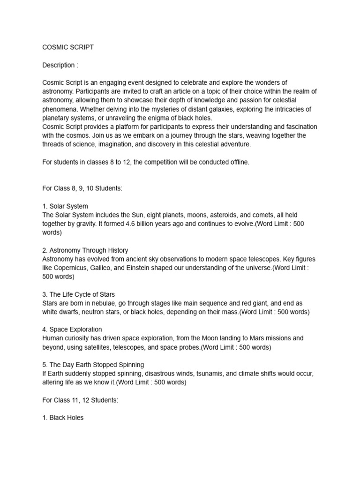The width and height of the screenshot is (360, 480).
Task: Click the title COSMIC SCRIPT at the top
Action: [x=68, y=47]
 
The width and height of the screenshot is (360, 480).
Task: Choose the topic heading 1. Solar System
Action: [x=65, y=206]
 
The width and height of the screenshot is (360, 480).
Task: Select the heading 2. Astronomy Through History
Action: [x=85, y=250]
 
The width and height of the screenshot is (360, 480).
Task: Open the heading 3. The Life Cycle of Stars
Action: [x=78, y=295]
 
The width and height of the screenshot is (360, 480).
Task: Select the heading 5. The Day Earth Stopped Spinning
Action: [x=93, y=365]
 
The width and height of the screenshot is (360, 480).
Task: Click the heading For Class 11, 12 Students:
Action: [x=77, y=400]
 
